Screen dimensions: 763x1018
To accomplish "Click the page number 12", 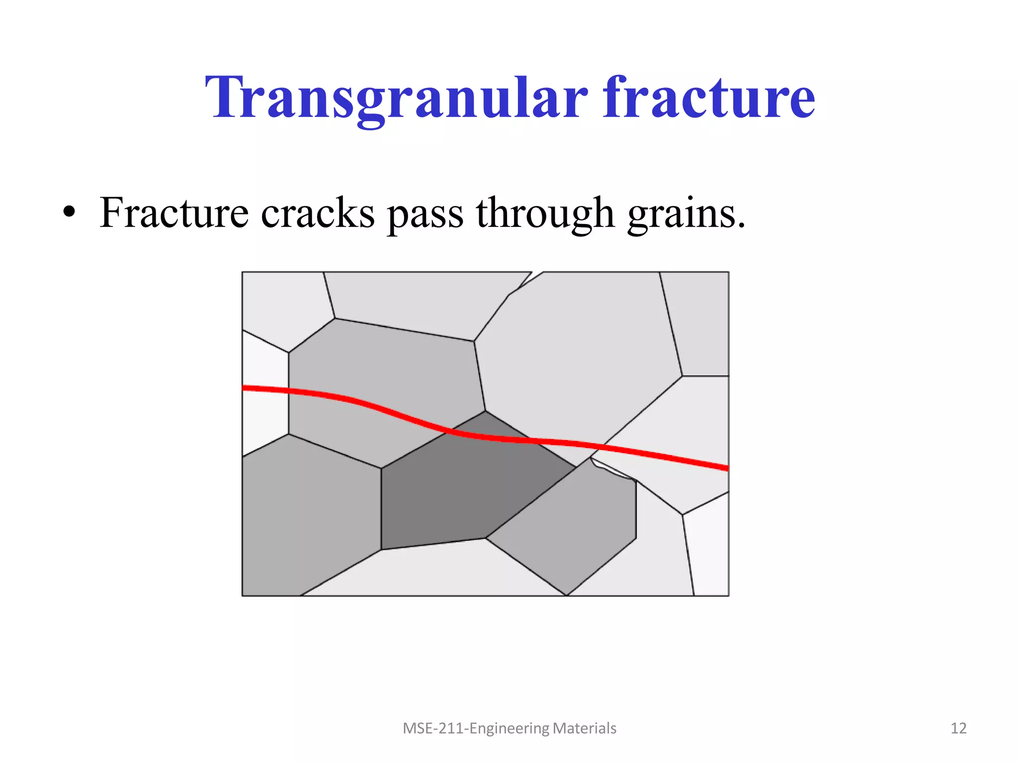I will [958, 728].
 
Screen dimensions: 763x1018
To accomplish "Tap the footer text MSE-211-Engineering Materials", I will [509, 728].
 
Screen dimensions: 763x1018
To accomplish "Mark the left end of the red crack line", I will [245, 388].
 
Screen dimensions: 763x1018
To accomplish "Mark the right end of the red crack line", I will [726, 467].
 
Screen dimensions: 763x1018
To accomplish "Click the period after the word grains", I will [741, 226].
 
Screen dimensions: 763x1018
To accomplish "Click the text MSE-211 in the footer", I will [434, 728].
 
